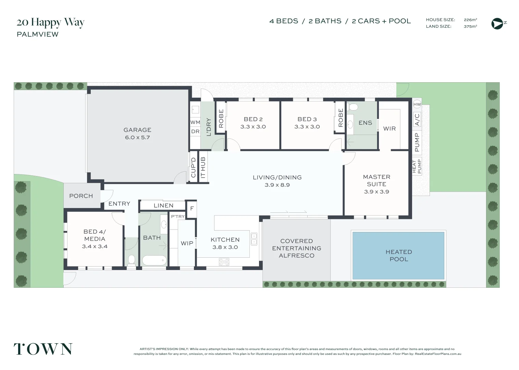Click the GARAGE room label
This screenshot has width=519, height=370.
[x=137, y=130]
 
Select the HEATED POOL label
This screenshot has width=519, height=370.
[x=399, y=256]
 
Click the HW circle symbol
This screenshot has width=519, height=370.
[x=417, y=104]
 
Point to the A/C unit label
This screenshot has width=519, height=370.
[x=417, y=120]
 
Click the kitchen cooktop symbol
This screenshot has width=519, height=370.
[x=224, y=262]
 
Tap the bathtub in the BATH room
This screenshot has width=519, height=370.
[x=154, y=261]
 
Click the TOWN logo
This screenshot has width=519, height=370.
[x=43, y=349]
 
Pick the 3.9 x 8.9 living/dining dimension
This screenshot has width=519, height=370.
[x=277, y=185]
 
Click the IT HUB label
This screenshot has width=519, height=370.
[x=203, y=168]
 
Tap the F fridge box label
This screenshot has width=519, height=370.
[x=192, y=208]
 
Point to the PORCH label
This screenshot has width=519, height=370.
[x=81, y=196]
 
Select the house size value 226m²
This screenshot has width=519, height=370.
[x=470, y=20]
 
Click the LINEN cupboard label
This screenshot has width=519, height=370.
[x=163, y=206]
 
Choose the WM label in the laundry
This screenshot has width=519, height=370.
[x=195, y=122]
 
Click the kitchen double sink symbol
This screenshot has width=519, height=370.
[x=254, y=239]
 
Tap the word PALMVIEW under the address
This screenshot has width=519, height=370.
[x=38, y=34]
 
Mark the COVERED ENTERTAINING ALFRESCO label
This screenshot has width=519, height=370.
[x=297, y=248]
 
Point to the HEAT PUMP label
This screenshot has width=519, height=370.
[x=417, y=166]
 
